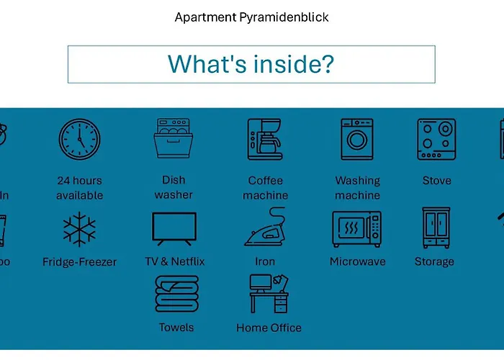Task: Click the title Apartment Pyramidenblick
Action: point(251,17)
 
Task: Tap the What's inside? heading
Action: point(251,64)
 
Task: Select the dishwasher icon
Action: point(174,139)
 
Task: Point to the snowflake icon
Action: point(79,230)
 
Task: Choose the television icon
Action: point(174,229)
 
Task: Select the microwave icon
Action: point(357,229)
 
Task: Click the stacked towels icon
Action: point(176,294)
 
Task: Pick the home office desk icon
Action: point(269,293)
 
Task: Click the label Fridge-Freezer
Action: point(79,262)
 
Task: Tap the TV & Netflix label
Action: point(175,261)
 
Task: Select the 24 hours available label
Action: point(79,188)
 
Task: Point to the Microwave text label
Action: point(357,261)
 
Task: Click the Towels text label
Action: point(176,328)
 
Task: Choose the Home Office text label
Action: point(269,328)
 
